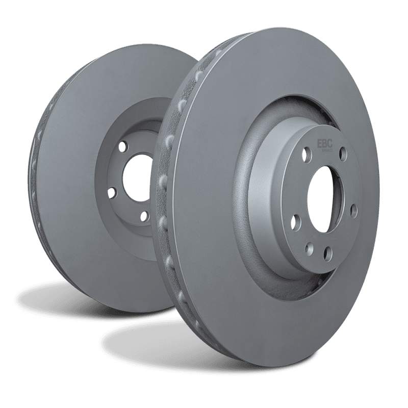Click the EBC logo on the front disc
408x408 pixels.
point(325,144)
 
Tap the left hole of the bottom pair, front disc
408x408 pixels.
point(309,249)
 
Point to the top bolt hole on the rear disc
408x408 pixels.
point(122,147)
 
